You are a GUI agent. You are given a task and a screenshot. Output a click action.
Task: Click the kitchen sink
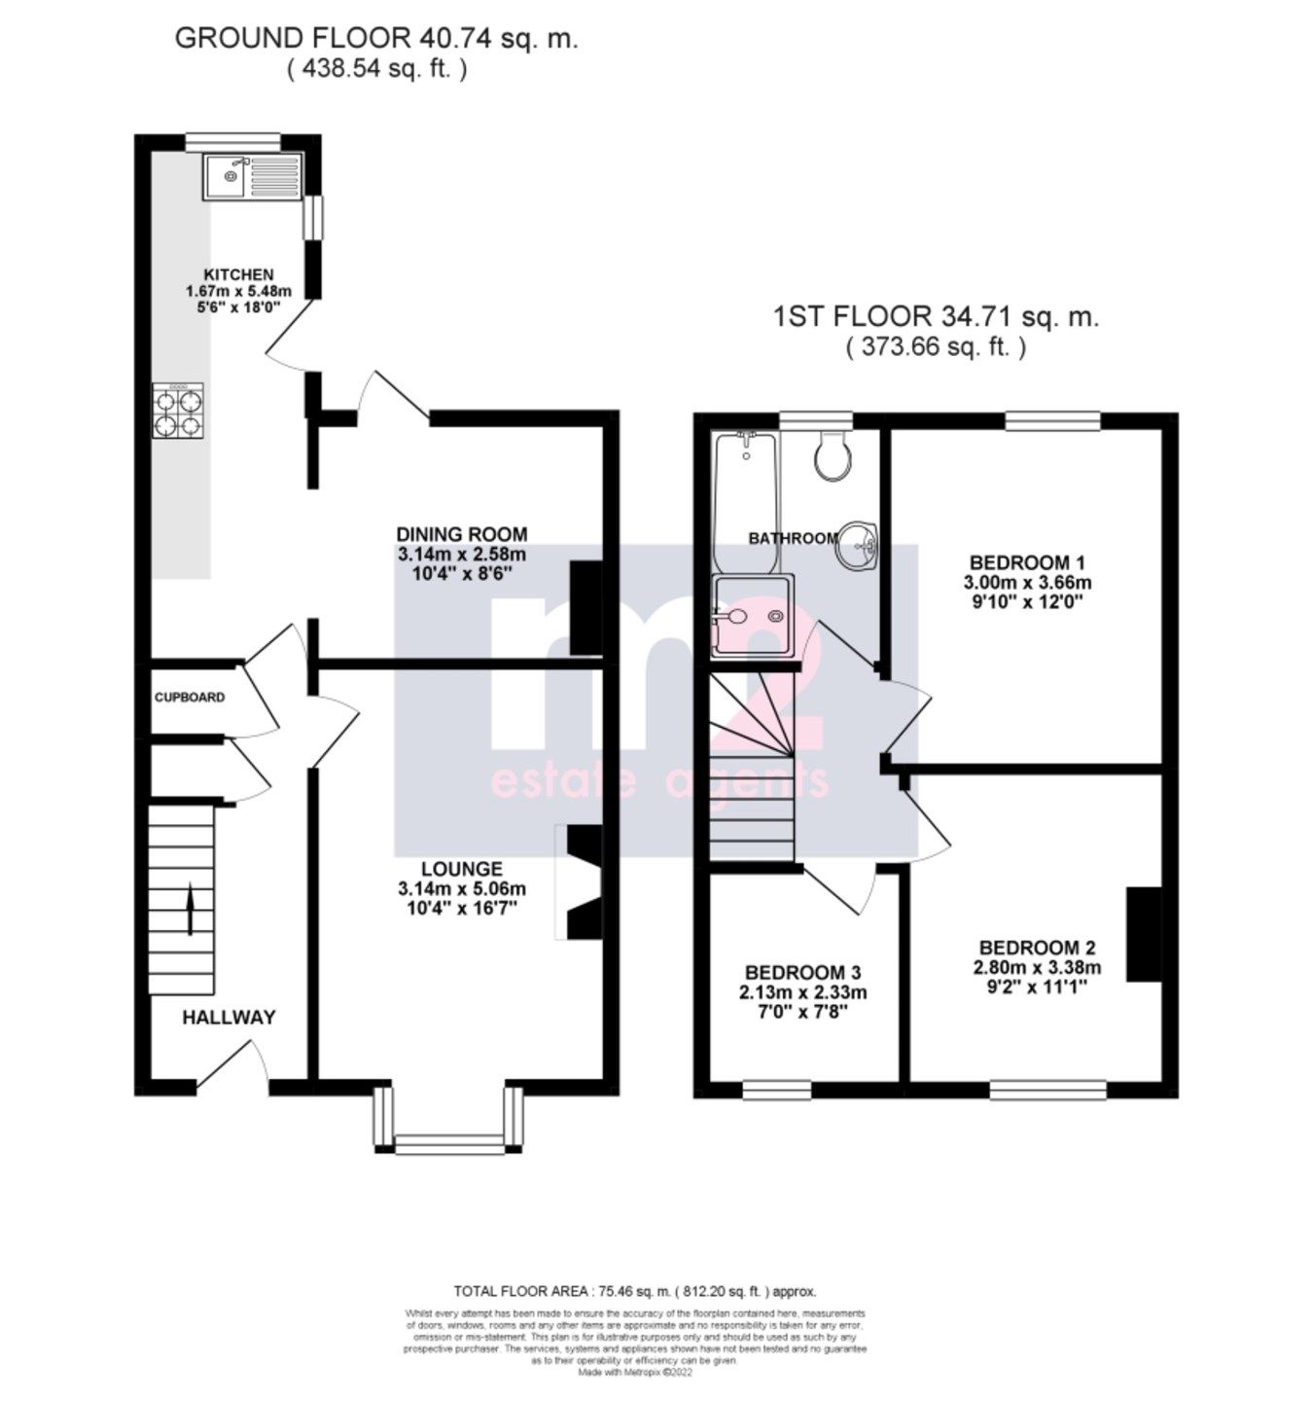point(253,176)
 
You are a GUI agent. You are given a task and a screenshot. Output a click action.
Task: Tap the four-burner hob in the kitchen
point(179,411)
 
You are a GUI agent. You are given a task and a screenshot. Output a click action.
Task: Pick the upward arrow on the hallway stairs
point(189,909)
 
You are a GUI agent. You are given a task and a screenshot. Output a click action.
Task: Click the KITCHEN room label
point(238,274)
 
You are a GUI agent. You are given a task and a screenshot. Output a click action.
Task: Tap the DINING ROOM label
point(461,534)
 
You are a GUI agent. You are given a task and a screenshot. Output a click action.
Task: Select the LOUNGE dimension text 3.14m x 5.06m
point(461,888)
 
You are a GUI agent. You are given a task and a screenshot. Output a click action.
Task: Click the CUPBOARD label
point(190,698)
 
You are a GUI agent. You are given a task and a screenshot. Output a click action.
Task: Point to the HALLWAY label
point(230,1018)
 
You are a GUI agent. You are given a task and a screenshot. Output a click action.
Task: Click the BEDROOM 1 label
point(1027,562)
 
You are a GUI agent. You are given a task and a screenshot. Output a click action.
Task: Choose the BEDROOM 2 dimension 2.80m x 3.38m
point(1037,967)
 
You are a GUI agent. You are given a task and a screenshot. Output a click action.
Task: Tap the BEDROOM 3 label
point(802,973)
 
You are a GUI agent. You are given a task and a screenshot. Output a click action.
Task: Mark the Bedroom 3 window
point(776,1091)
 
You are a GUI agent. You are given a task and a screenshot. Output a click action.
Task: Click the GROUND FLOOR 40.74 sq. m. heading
point(375,39)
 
